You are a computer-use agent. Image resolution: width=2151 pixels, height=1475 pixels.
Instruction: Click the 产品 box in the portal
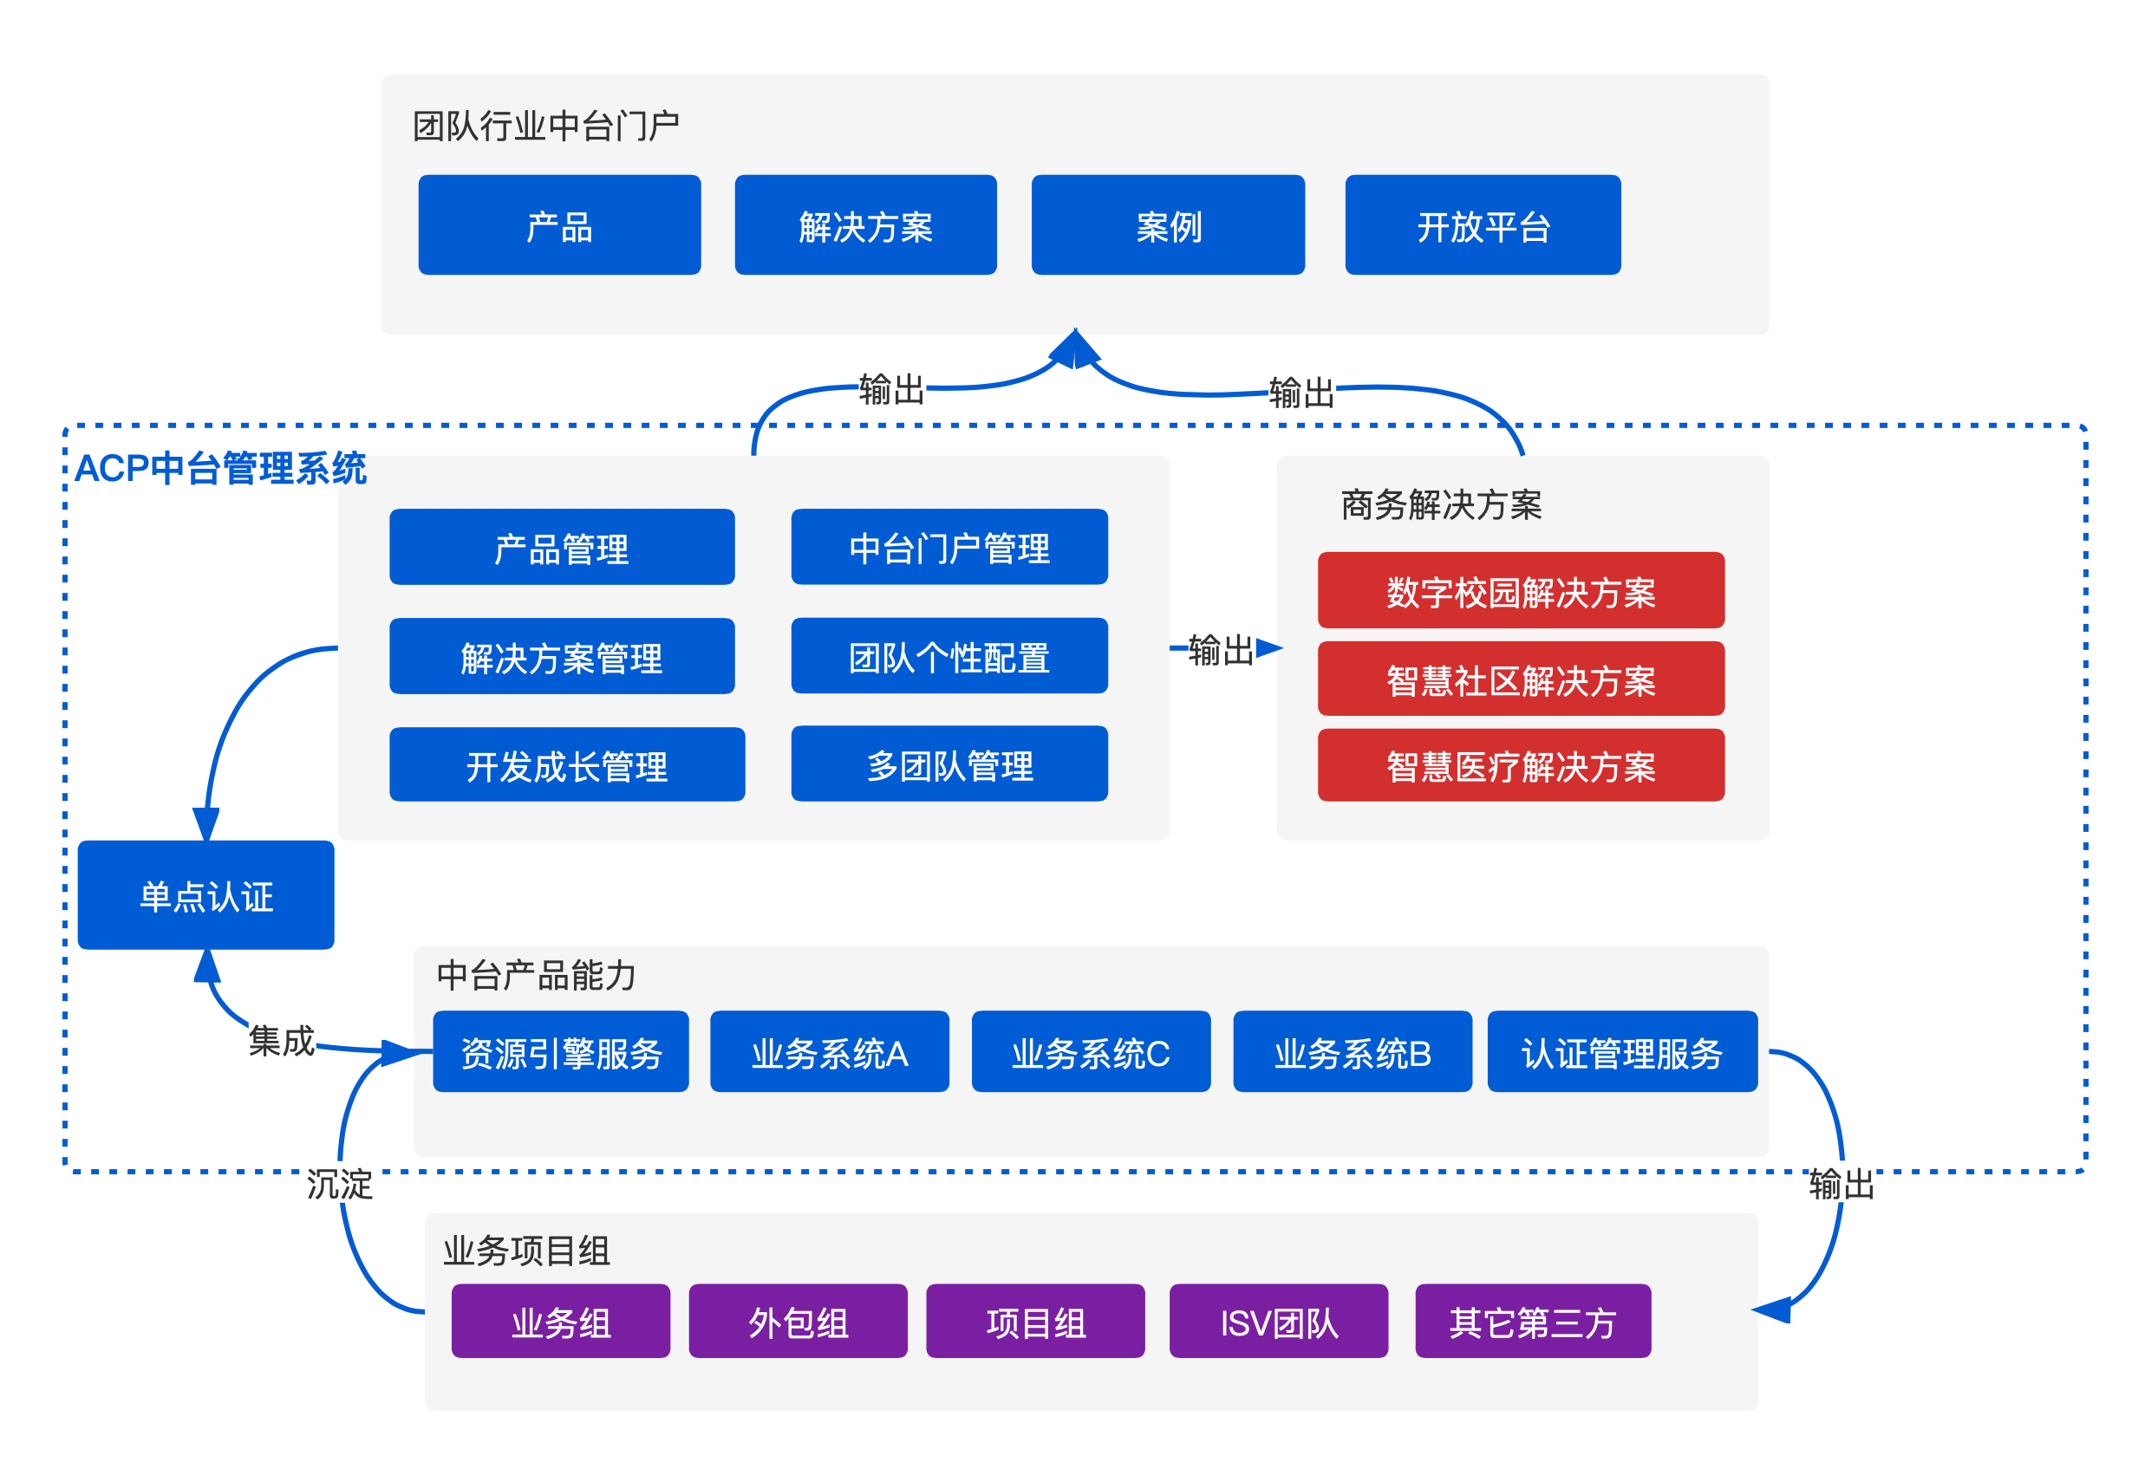coord(559,224)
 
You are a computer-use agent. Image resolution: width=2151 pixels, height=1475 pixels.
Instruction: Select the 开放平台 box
coord(1482,224)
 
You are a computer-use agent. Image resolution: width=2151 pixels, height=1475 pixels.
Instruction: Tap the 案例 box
coord(1167,224)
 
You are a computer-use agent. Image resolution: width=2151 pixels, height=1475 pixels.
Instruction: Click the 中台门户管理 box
coord(948,547)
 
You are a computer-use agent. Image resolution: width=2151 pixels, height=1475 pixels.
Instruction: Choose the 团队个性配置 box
coord(948,656)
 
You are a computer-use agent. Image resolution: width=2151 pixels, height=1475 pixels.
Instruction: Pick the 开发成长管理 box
coord(566,764)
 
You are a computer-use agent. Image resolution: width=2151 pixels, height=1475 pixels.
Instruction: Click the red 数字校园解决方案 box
coord(1520,590)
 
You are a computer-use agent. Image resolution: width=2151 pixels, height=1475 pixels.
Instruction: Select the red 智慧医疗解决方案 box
coord(1520,765)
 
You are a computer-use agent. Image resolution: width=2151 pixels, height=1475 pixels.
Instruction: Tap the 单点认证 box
coord(205,895)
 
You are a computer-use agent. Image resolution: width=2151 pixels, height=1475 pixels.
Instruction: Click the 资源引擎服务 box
coord(560,1052)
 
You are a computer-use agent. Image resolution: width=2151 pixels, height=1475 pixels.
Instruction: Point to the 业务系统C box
coord(1091,1052)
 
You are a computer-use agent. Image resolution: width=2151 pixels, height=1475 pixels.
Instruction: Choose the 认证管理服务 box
coord(1621,1052)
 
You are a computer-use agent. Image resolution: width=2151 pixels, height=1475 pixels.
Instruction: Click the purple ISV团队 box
coord(1278,1322)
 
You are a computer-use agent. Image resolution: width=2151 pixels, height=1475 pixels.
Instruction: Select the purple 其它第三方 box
coord(1532,1322)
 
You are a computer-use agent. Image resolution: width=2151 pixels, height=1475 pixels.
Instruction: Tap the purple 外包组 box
coord(797,1322)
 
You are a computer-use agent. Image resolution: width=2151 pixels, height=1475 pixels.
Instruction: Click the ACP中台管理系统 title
coord(220,468)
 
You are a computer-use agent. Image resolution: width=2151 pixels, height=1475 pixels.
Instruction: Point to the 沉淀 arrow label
coord(340,1184)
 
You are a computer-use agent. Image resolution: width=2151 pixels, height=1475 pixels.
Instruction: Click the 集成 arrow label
coord(282,1040)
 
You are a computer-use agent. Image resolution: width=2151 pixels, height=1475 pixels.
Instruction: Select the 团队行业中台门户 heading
coord(545,126)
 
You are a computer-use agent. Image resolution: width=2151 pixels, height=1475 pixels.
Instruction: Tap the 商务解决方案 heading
coord(1440,505)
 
